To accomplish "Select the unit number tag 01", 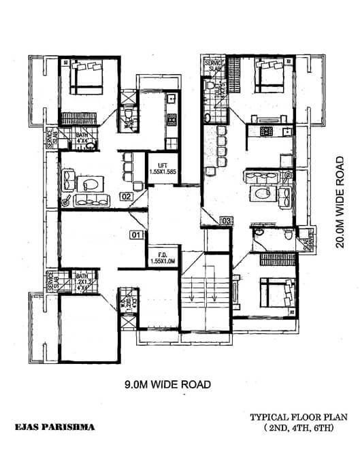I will [x=136, y=235].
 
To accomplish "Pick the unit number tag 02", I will [x=126, y=197].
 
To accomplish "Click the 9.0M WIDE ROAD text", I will [x=167, y=384].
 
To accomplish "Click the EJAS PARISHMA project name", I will [x=55, y=427].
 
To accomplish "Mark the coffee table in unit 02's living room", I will [x=90, y=184].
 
